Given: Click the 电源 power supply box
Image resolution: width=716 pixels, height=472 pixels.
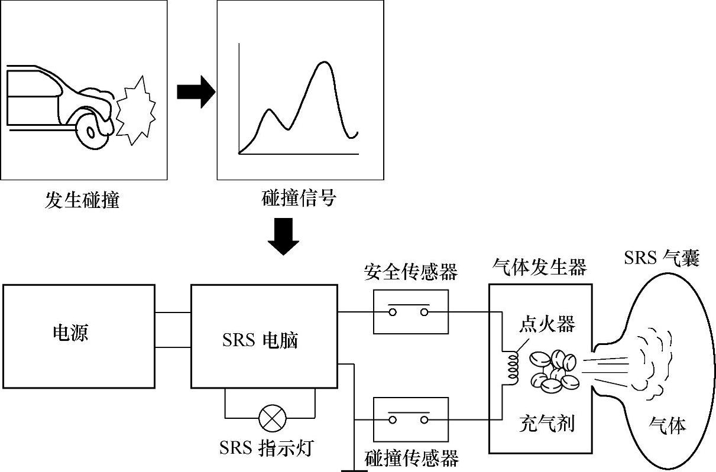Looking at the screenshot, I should click(79, 336).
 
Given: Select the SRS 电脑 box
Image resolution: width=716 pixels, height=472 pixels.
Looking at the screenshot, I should click(263, 336).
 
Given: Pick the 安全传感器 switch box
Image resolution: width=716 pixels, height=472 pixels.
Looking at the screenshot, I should click(411, 311).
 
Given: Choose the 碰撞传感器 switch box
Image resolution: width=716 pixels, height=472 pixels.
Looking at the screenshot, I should click(411, 419).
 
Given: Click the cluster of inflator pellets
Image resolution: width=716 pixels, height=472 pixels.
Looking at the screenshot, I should click(554, 372).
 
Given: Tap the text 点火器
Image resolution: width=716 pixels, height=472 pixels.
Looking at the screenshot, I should click(546, 324).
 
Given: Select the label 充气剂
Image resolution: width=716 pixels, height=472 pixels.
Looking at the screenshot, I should click(546, 423).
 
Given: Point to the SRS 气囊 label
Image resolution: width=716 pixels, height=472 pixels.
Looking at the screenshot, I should click(662, 258).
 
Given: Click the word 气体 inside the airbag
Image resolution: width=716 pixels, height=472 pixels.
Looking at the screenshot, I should click(668, 425).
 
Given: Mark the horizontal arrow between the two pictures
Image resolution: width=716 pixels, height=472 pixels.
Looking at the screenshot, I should click(195, 92).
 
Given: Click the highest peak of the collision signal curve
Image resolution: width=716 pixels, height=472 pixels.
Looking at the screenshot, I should click(323, 63).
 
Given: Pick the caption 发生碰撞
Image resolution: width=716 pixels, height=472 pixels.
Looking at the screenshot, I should click(82, 200).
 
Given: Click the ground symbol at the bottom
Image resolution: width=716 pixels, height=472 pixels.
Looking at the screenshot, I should click(354, 470).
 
